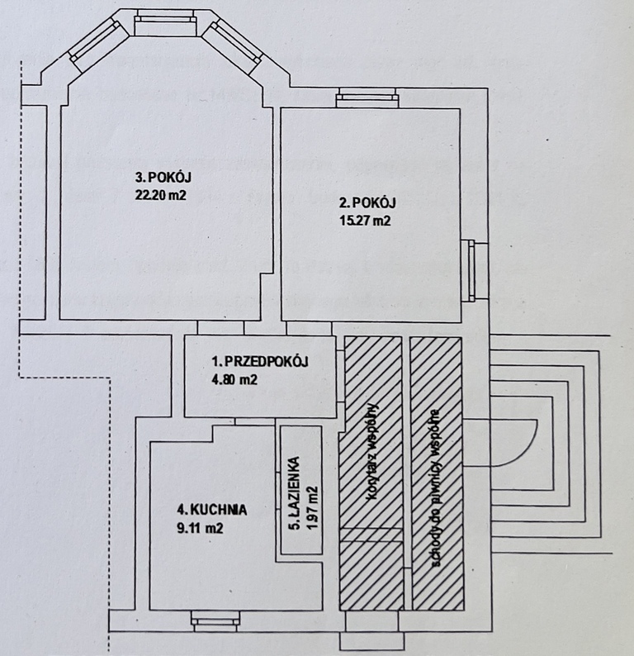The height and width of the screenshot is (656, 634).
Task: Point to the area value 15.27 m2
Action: coord(365,221)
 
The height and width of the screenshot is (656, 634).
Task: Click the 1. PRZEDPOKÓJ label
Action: coord(259,362)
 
